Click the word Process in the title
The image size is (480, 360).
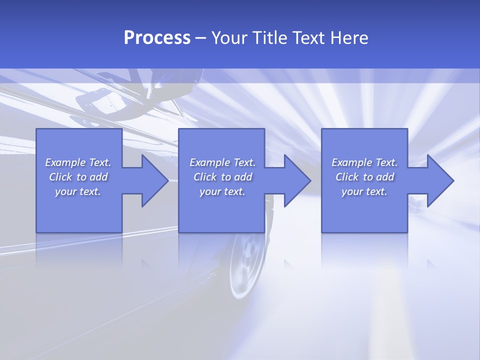157,38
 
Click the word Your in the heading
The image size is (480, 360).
229,38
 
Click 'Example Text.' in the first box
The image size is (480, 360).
78,162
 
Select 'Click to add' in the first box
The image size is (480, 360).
78,177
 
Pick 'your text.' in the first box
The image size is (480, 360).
78,191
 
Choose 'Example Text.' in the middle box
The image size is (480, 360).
222,162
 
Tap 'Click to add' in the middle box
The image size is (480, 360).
222,177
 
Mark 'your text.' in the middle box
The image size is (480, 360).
222,191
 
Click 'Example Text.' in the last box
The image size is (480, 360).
364,162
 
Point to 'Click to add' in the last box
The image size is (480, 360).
364,177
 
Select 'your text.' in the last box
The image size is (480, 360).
364,191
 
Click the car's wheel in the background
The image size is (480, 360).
246,265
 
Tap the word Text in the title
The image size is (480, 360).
306,38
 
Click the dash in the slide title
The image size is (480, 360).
201,38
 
